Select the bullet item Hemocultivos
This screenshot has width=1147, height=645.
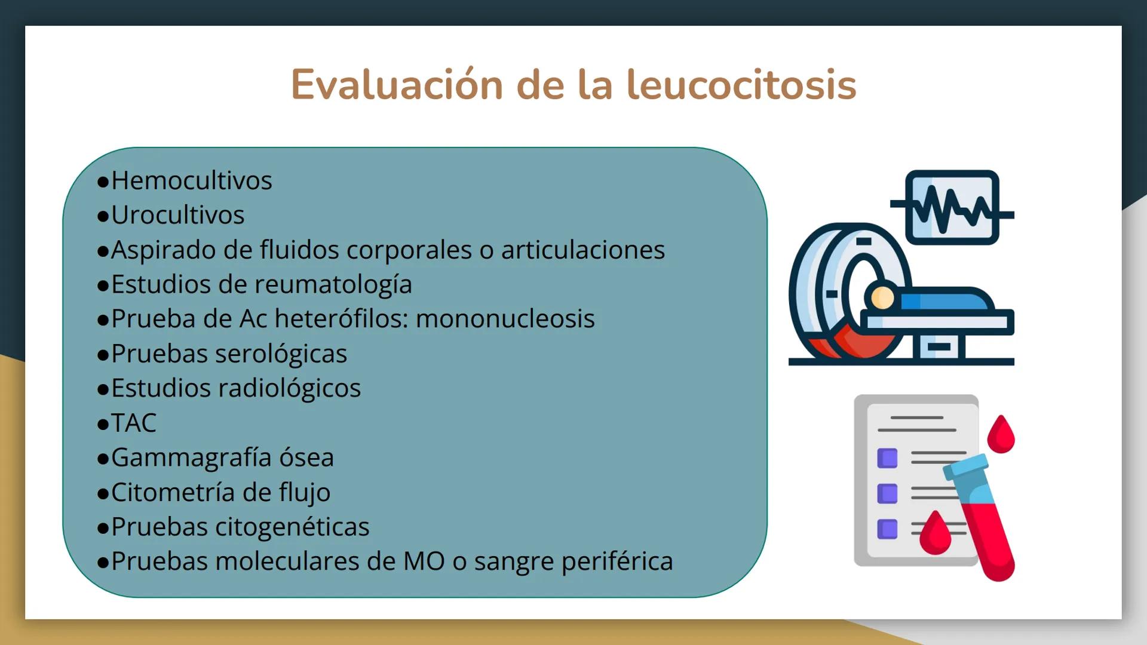click(191, 180)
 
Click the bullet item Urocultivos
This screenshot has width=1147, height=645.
click(177, 215)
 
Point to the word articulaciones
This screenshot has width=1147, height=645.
click(582, 250)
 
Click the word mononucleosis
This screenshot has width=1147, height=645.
click(505, 319)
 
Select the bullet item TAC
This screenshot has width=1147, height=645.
click(133, 423)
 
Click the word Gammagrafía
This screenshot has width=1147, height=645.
click(191, 457)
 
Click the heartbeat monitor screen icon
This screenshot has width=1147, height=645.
click(952, 207)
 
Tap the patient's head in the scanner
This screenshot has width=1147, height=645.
click(882, 297)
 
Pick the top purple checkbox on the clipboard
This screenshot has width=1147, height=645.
click(887, 458)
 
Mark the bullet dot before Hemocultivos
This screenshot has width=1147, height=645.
click(103, 182)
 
